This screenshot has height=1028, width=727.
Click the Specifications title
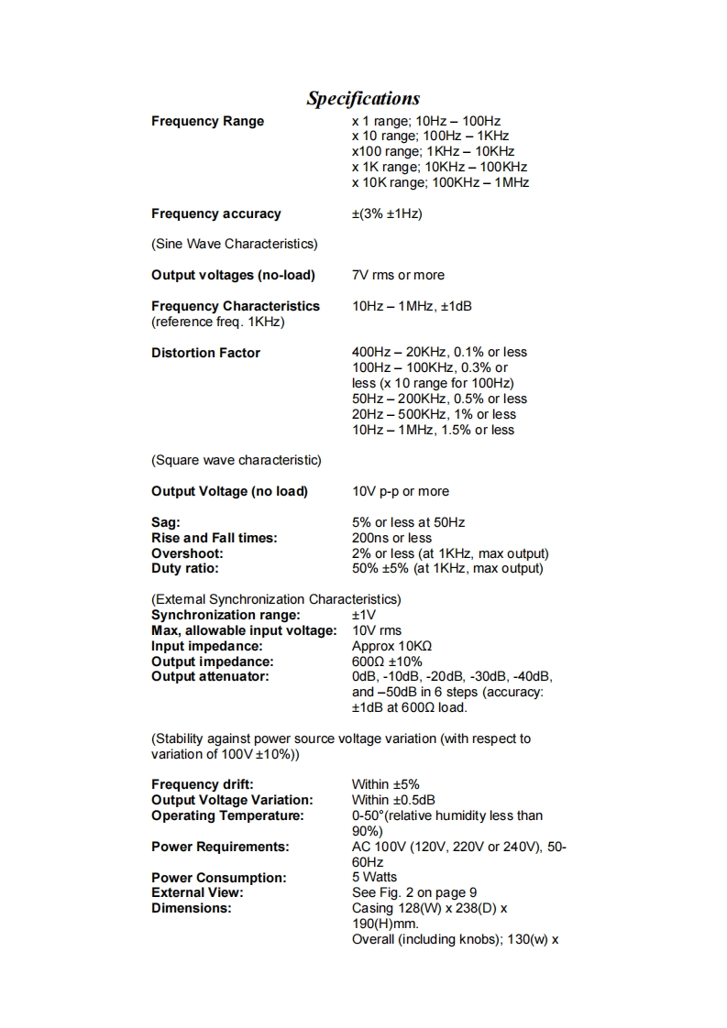[x=363, y=99]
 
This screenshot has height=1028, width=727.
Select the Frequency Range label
[x=207, y=121]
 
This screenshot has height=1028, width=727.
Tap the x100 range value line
[x=433, y=151]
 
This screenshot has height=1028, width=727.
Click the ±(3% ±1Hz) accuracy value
[x=387, y=213]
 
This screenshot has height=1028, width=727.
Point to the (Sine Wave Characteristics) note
[x=234, y=244]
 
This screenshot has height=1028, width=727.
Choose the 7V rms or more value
[x=398, y=275]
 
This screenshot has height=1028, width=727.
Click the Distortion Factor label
[x=205, y=353]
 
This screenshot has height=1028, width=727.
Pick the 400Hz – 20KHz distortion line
[x=439, y=352]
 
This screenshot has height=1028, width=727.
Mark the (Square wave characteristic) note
[x=236, y=460]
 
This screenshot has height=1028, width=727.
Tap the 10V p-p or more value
[x=401, y=491]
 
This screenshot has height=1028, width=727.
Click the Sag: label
[x=166, y=522]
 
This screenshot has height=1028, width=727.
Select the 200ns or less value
[x=391, y=538]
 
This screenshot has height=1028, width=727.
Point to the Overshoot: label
[x=187, y=553]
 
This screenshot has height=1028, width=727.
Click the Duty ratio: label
[x=185, y=569]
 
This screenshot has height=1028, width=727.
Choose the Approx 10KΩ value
[x=391, y=646]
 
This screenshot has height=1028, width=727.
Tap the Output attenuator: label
[x=210, y=677]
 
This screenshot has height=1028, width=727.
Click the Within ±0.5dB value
[x=393, y=800]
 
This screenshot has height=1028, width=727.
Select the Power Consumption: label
[x=218, y=878]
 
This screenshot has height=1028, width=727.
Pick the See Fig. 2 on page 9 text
[x=414, y=892]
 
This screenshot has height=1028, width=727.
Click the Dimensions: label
[x=191, y=908]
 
